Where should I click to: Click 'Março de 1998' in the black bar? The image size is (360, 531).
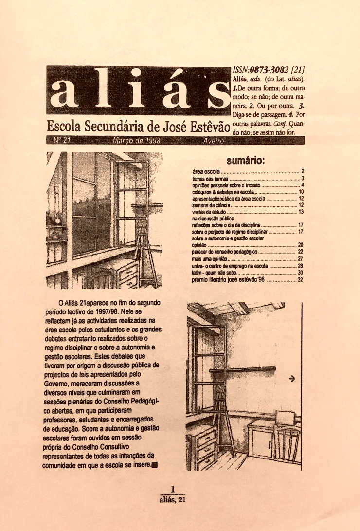tap(136, 141)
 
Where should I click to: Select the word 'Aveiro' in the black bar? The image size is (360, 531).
tap(212, 141)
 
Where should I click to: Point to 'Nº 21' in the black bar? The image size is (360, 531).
tap(62, 141)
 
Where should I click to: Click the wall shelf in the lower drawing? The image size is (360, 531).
tap(242, 369)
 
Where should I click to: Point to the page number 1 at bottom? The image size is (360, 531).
tap(173, 489)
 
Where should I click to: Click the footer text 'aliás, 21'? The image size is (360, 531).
tap(173, 499)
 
